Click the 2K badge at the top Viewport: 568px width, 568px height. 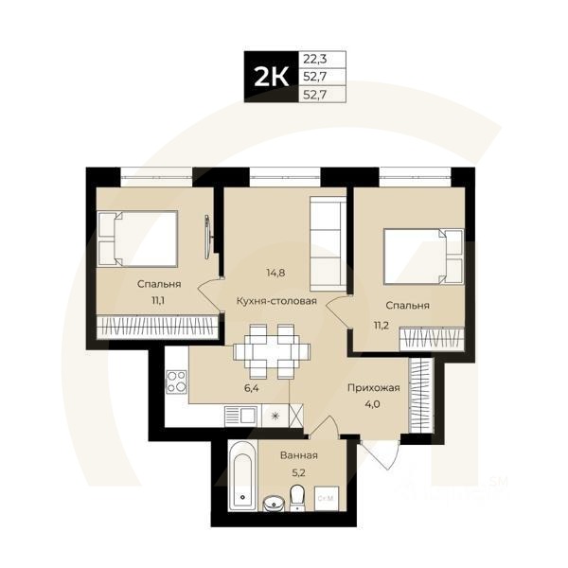click(270, 76)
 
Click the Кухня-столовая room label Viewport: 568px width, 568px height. click(276, 302)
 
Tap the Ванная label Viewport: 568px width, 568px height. click(298, 455)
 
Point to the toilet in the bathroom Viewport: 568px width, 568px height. click(297, 496)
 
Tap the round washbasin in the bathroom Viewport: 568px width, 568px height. click(273, 502)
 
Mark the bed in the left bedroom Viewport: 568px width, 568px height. click(138, 239)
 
